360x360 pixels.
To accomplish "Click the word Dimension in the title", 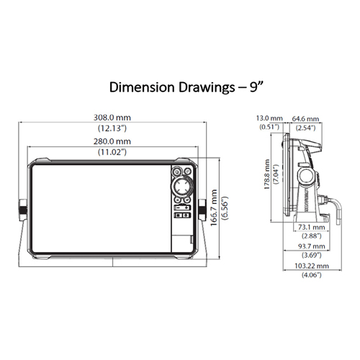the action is pyautogui.click(x=142, y=87).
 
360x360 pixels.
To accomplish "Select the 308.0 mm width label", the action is pyautogui.click(x=112, y=117).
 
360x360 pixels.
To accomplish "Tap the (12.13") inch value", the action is pyautogui.click(x=112, y=128).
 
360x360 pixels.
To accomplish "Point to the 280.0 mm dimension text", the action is pyautogui.click(x=112, y=141).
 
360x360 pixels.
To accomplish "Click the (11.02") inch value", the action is pyautogui.click(x=112, y=152).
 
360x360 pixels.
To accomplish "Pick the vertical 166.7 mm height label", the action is pyautogui.click(x=214, y=208).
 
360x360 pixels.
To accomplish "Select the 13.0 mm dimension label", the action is pyautogui.click(x=269, y=118).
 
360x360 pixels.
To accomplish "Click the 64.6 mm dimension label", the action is pyautogui.click(x=305, y=119).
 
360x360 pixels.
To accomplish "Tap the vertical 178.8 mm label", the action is pyautogui.click(x=267, y=174).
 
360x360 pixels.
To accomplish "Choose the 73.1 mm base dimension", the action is pyautogui.click(x=312, y=227).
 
